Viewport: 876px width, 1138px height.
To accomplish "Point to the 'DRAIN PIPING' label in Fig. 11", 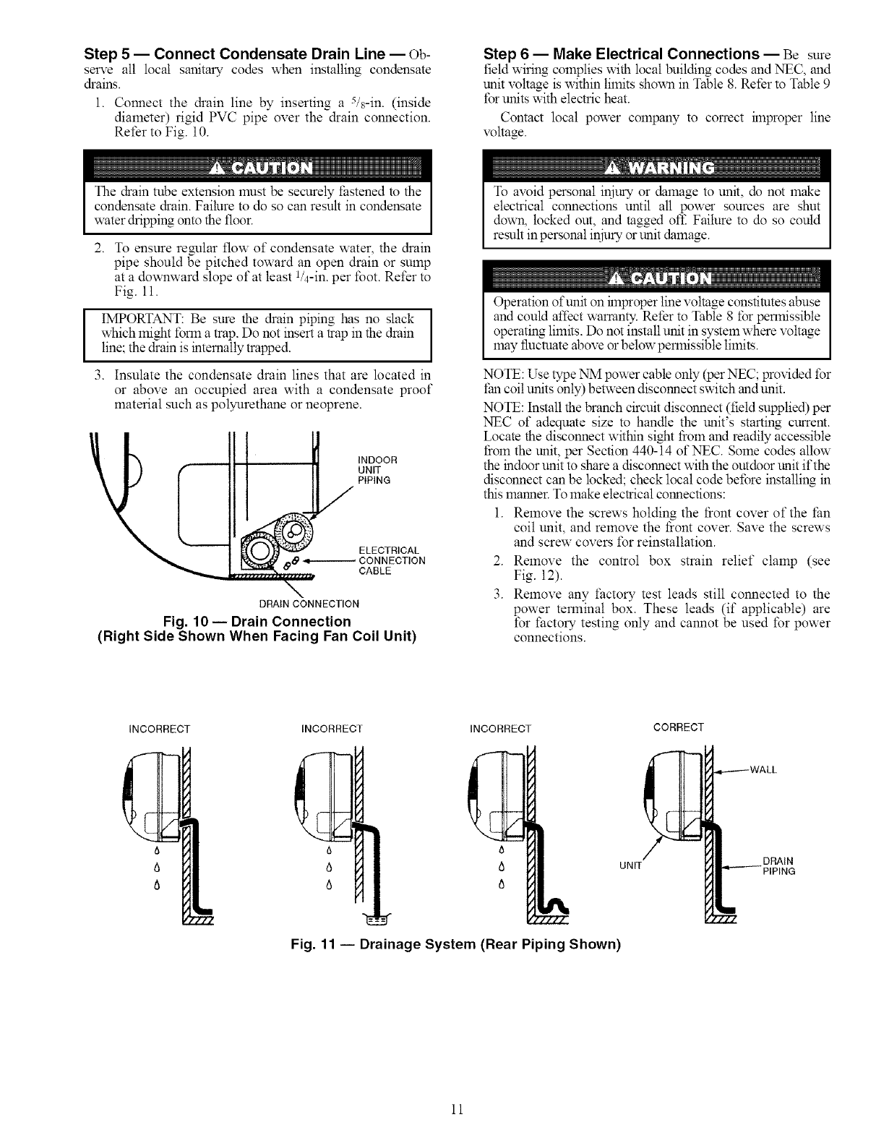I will pyautogui.click(x=779, y=866).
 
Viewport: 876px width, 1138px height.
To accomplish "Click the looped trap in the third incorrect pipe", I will pyautogui.click(x=556, y=904).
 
